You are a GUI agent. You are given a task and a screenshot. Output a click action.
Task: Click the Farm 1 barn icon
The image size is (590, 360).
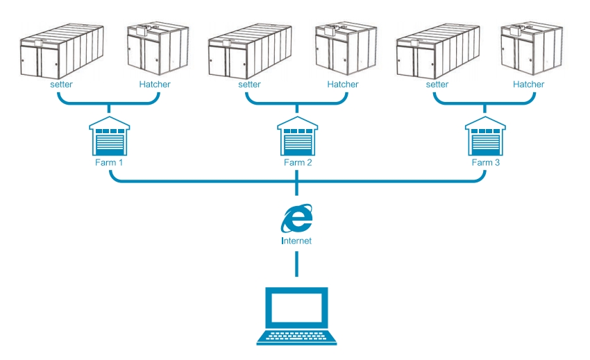click(110, 137)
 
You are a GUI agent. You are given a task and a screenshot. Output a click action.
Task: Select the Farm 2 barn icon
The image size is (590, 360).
click(297, 137)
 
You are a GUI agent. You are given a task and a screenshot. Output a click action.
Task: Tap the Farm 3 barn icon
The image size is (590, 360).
click(485, 137)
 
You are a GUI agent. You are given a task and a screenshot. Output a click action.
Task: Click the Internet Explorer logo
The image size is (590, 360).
click(297, 220)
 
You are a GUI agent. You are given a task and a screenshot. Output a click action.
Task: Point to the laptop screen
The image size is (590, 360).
click(296, 307)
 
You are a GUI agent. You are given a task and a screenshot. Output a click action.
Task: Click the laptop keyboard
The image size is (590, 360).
click(296, 337)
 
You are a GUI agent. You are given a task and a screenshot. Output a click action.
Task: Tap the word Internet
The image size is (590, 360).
click(296, 241)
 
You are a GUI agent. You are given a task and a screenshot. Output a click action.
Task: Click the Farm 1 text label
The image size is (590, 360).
click(110, 163)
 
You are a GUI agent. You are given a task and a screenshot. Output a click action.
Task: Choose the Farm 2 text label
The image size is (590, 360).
click(297, 163)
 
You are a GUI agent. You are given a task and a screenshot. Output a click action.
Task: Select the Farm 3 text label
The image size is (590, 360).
click(485, 163)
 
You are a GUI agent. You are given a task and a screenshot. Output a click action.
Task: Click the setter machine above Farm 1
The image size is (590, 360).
click(61, 52)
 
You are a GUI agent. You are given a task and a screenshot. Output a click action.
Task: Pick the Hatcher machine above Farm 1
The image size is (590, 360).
click(157, 50)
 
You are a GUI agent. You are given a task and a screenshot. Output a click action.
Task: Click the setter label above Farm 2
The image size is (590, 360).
click(249, 85)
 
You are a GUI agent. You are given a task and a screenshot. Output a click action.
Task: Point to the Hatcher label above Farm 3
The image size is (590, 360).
click(528, 85)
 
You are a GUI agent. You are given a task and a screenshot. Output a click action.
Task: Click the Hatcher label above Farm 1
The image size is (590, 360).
click(154, 85)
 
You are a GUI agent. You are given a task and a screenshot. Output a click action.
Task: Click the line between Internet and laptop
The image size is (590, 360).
click(297, 264)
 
